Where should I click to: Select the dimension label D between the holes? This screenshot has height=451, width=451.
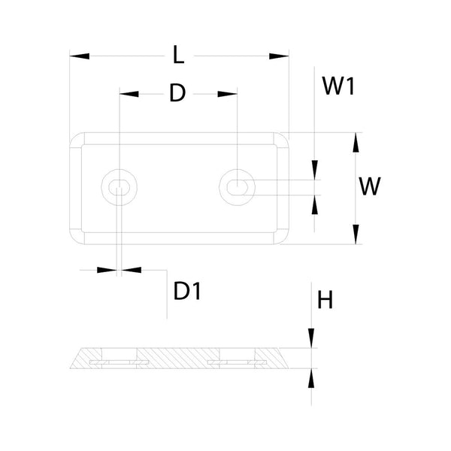click(177, 93)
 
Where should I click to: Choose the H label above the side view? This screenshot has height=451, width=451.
click(325, 301)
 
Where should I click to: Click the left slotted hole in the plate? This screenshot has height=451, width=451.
click(119, 186)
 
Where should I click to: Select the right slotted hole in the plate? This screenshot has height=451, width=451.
click(238, 185)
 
